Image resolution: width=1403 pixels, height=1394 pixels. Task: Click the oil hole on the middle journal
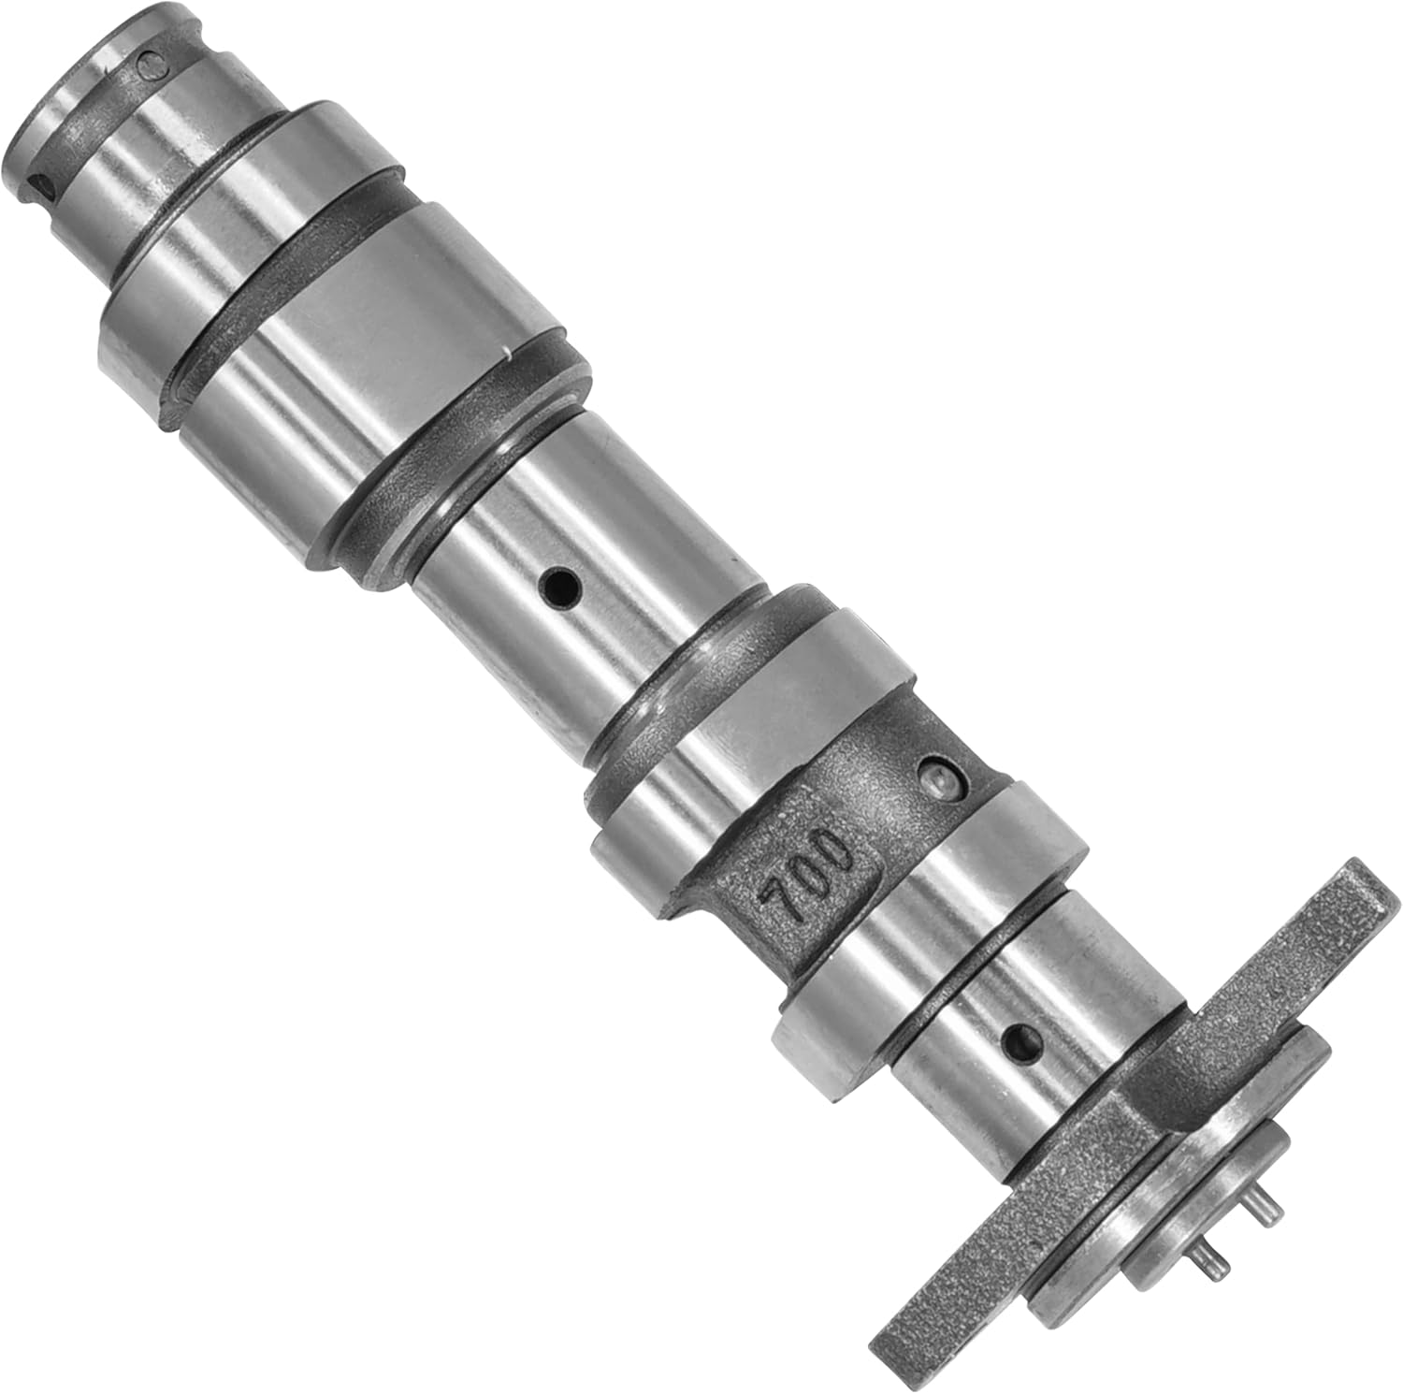point(562,588)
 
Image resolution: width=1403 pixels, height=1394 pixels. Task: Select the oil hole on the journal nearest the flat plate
point(1020,1037)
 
